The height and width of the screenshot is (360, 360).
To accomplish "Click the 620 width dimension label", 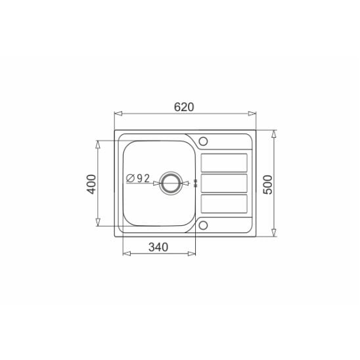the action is pos(184,107).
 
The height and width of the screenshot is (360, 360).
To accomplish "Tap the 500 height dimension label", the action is pos(268,185).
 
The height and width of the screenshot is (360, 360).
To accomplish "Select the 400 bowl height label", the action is pos(91,184).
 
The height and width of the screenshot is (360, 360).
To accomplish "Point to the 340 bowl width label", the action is pos(158,247).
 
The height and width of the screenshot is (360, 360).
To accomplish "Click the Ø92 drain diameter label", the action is pos(138,179).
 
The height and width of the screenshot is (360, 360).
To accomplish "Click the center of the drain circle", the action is pos(171,183).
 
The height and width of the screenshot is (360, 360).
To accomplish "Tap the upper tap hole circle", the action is pos(203,141).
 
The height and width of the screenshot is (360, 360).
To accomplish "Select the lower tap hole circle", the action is pos(203,225).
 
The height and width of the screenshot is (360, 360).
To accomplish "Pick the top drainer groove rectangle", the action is pos(224,162).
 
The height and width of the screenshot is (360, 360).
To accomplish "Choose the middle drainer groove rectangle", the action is pos(224,183).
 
